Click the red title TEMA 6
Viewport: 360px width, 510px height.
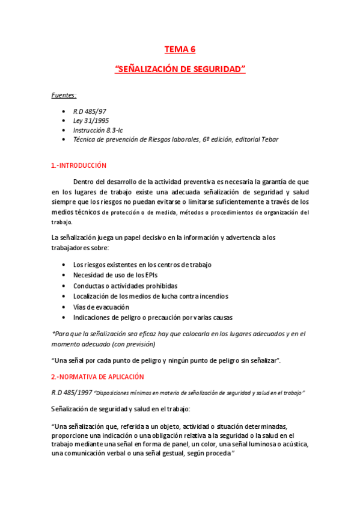[x=180, y=49]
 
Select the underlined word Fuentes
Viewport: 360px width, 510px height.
[x=63, y=94]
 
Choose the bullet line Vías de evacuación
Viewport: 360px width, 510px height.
[x=101, y=307]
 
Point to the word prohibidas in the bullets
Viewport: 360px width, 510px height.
[x=160, y=286]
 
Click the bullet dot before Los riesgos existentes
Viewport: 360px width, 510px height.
[x=64, y=265]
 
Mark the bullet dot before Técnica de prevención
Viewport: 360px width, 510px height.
[x=64, y=139]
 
